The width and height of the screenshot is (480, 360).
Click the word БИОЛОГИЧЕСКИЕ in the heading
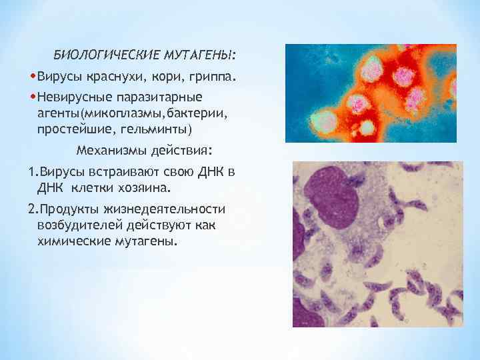coord(93,53)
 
